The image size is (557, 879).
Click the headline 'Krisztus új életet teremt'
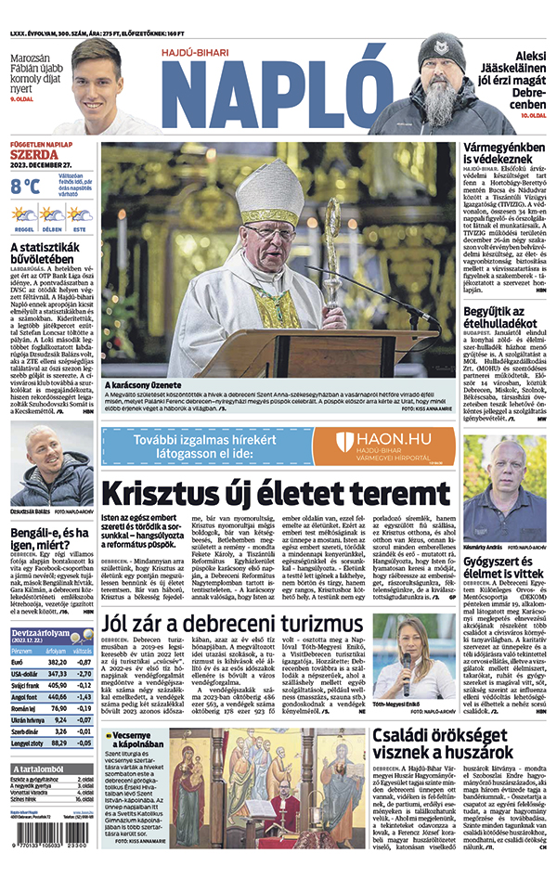[276, 493]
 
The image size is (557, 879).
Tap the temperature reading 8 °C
[25, 187]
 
